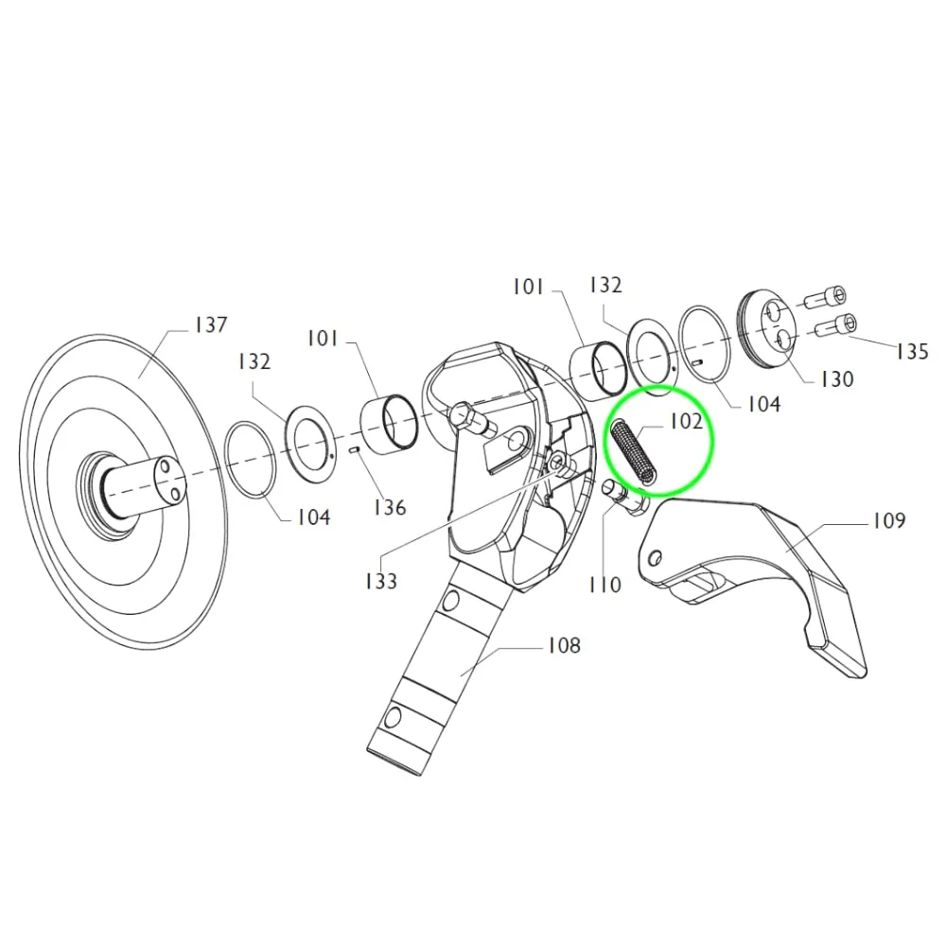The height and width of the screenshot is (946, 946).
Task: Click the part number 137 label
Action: [x=211, y=324]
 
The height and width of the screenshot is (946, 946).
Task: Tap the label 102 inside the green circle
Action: [x=687, y=421]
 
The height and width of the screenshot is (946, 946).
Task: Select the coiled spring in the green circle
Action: [x=632, y=452]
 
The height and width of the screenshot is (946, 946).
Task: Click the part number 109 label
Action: [x=889, y=520]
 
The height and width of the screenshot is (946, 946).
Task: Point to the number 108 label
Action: [x=564, y=645]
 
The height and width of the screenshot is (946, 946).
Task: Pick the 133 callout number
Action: [x=381, y=581]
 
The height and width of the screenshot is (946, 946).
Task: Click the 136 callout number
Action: [x=390, y=507]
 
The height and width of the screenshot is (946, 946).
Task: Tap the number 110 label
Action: [x=604, y=584]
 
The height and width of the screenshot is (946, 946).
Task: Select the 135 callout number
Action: [x=912, y=351]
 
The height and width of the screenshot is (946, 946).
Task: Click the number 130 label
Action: [x=837, y=379]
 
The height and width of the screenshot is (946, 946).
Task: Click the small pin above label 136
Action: [x=356, y=448]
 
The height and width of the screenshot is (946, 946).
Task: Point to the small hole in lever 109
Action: [x=656, y=557]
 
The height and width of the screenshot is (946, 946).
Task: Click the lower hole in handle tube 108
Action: [x=393, y=717]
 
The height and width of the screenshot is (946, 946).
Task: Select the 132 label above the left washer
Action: [x=254, y=361]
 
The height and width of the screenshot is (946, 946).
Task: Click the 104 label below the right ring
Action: [x=764, y=404]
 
